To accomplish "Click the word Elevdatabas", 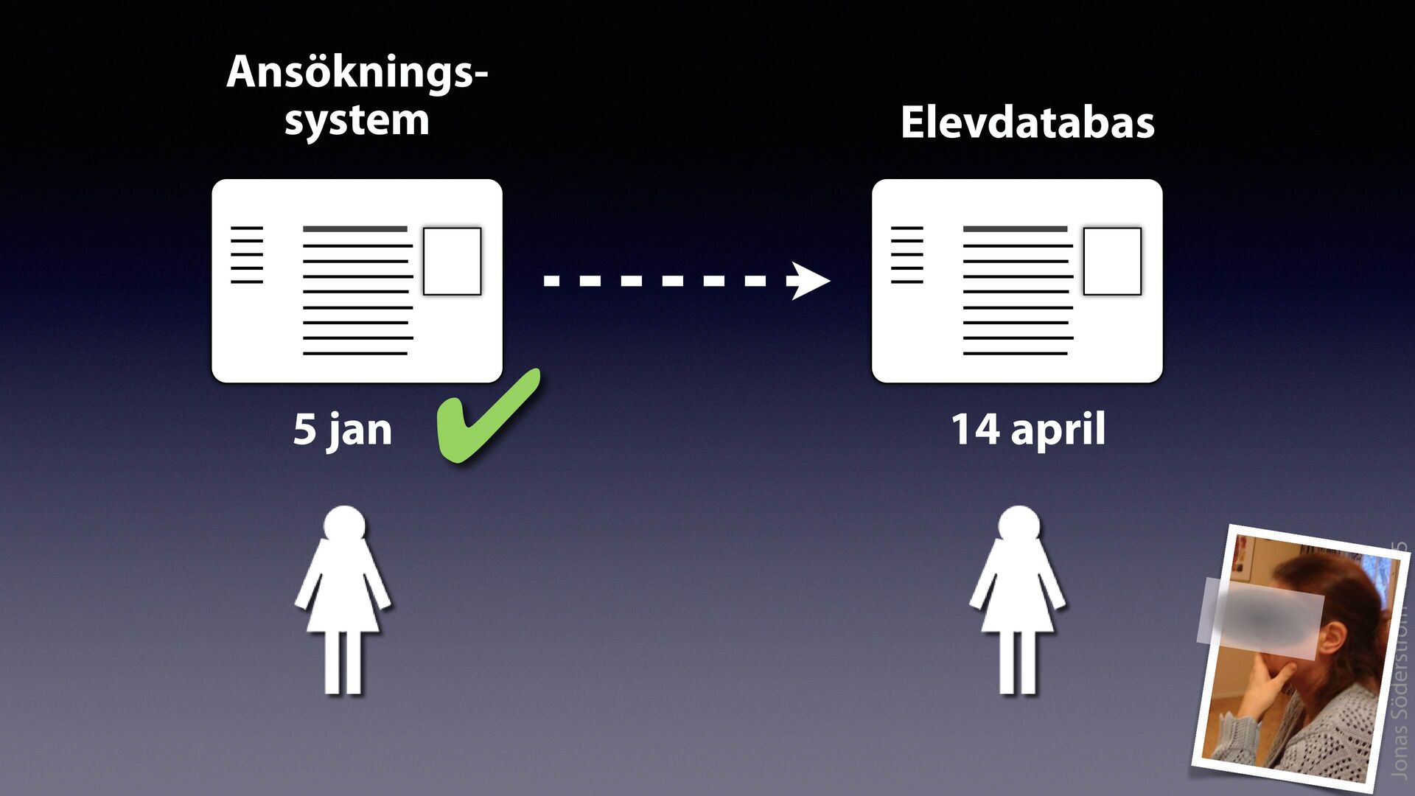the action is click(1027, 122).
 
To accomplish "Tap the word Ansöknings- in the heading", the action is click(357, 72).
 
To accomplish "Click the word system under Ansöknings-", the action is click(357, 121).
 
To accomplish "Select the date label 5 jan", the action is click(343, 430).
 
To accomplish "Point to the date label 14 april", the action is click(1028, 430).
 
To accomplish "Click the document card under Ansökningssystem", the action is click(357, 280).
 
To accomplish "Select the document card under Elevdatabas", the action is click(1017, 280).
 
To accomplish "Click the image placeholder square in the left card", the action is click(452, 261).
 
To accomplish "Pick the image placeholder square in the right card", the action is click(1112, 261).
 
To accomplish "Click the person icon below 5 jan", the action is click(343, 601).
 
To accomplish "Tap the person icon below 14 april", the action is click(1018, 601).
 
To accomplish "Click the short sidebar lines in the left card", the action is click(247, 255).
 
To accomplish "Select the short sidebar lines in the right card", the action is click(907, 255).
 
